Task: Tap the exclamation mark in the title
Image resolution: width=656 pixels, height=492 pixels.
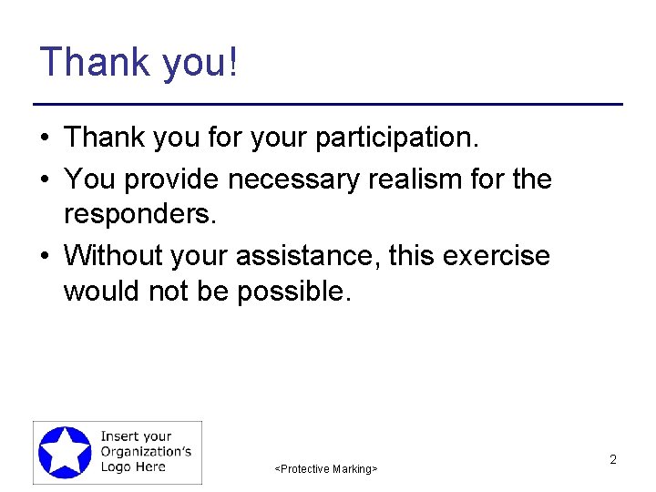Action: [234, 62]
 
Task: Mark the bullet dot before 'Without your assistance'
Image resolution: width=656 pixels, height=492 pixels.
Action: [44, 256]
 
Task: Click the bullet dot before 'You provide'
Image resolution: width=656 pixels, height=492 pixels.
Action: [44, 179]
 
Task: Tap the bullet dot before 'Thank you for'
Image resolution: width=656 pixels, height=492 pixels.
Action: [44, 138]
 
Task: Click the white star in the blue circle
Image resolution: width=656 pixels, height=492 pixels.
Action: [65, 452]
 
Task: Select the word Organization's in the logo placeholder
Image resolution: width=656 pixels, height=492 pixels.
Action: [145, 452]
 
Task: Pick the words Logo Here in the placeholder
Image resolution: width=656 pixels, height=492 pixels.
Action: [133, 466]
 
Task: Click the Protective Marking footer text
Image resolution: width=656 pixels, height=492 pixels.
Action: [326, 468]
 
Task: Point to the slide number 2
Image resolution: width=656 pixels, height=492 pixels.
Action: [613, 459]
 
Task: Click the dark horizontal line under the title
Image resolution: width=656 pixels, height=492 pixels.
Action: [328, 105]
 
